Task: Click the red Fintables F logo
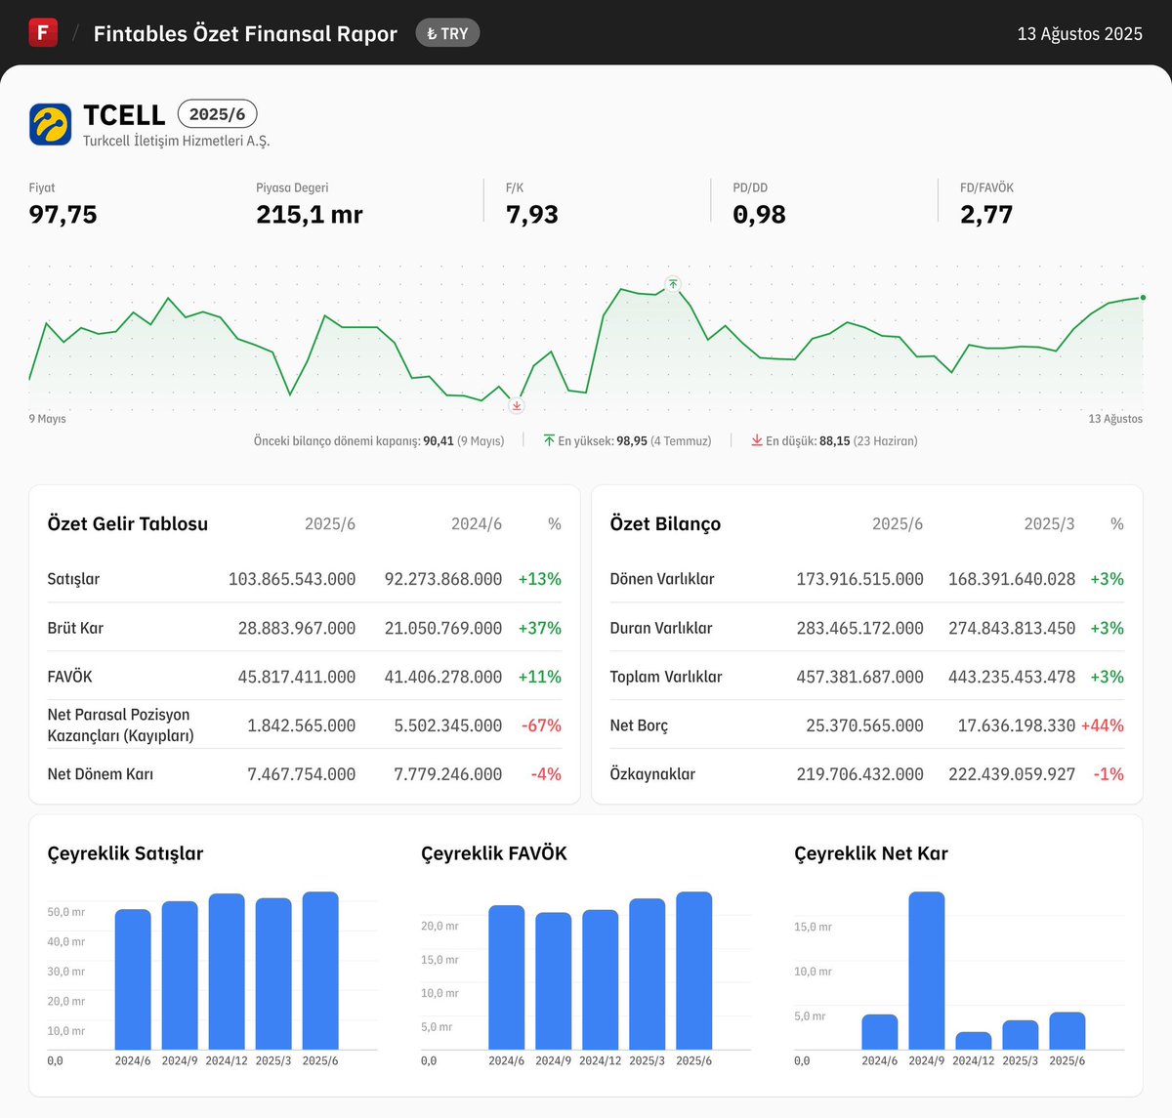[x=43, y=32]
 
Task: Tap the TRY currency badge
[x=447, y=33]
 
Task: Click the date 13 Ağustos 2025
[x=1079, y=34]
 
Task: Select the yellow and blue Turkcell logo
[x=50, y=124]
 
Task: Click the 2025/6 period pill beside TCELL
[x=217, y=114]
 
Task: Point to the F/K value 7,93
[x=531, y=215]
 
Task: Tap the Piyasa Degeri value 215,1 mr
[x=309, y=215]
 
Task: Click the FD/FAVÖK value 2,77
[x=985, y=215]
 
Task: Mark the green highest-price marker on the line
[x=673, y=284]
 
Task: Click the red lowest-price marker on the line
[x=517, y=405]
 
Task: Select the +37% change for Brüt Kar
[x=539, y=628]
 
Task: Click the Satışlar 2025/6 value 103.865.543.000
[x=291, y=579]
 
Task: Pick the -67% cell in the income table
[x=541, y=725]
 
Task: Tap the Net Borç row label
[x=639, y=725]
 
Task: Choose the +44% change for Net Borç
[x=1102, y=725]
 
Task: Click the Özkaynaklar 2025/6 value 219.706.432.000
[x=859, y=774]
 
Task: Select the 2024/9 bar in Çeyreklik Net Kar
[x=926, y=971]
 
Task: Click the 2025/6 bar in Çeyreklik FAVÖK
[x=693, y=971]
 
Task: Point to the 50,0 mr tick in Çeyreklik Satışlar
[x=65, y=912]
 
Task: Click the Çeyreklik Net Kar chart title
[x=870, y=853]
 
